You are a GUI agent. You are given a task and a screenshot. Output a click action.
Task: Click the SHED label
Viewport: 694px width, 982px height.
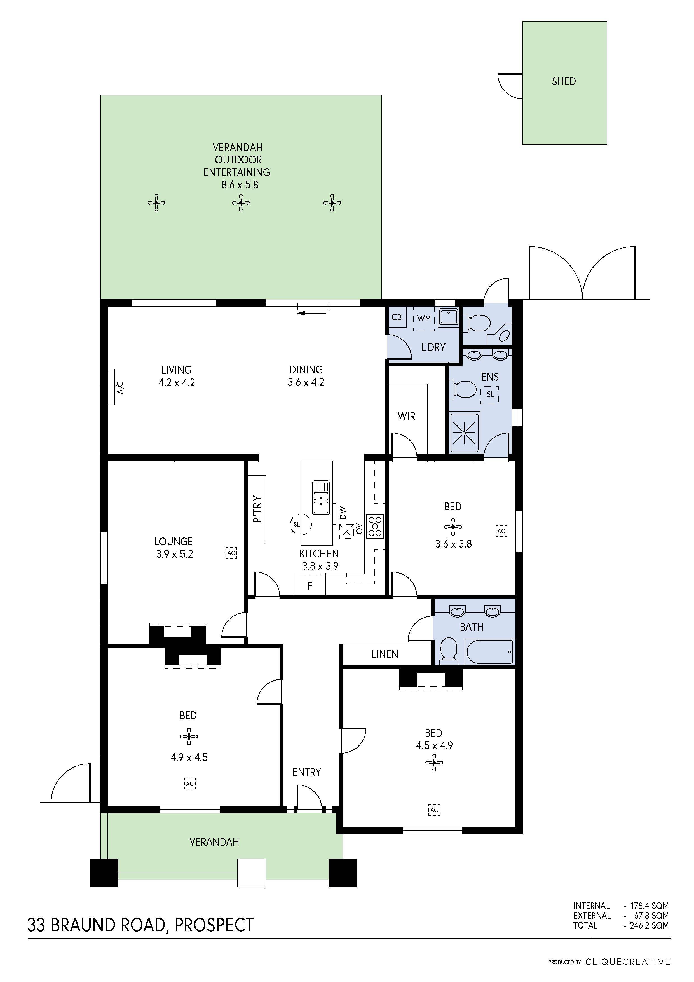pyautogui.click(x=564, y=81)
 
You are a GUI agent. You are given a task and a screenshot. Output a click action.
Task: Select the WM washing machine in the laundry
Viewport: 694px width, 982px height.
pyautogui.click(x=424, y=319)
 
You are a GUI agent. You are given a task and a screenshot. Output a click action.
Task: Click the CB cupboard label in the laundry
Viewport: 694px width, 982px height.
pyautogui.click(x=396, y=317)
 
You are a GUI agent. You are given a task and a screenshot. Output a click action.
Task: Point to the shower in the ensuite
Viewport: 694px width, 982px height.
pyautogui.click(x=464, y=432)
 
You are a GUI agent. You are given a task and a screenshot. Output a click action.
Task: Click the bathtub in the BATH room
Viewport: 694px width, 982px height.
pyautogui.click(x=490, y=652)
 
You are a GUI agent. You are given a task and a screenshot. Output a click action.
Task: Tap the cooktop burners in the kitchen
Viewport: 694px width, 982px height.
pyautogui.click(x=375, y=526)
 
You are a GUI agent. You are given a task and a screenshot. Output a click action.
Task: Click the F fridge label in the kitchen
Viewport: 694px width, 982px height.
pyautogui.click(x=310, y=586)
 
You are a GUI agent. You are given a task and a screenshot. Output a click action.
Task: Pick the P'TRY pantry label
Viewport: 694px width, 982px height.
pyautogui.click(x=257, y=509)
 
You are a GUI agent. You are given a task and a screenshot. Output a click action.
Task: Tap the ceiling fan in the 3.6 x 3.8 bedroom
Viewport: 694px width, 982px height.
pyautogui.click(x=453, y=527)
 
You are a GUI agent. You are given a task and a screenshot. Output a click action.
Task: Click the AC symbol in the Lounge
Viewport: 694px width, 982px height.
pyautogui.click(x=231, y=553)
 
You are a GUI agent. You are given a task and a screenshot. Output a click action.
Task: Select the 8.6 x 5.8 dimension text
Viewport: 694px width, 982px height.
pyautogui.click(x=240, y=185)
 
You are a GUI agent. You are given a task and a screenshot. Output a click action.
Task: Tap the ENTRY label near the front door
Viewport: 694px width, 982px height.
pyautogui.click(x=307, y=772)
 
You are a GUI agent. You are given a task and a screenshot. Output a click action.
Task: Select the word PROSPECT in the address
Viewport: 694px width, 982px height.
pyautogui.click(x=214, y=925)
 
